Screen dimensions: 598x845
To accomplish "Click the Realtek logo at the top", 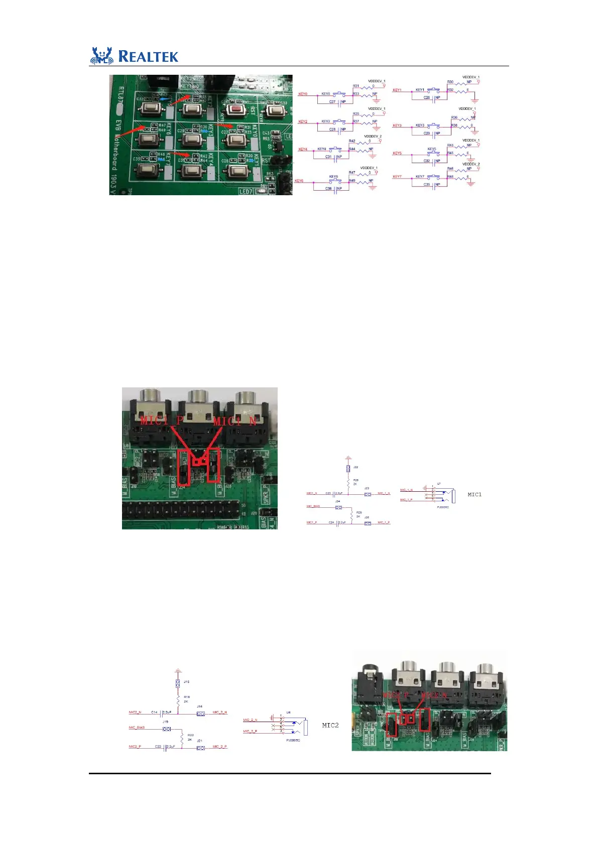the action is (134, 56).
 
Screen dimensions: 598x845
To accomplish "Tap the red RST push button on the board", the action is (235, 109).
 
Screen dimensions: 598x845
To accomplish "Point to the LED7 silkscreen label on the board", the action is (246, 191).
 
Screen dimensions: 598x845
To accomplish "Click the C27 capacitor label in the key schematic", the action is (332, 102).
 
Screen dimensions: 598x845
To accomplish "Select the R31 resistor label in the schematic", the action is (355, 86).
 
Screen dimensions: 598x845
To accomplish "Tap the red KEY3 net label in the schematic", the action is (397, 125).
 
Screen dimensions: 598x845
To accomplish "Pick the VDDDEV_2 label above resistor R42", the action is (373, 136).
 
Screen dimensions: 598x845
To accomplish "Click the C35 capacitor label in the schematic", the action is (426, 185).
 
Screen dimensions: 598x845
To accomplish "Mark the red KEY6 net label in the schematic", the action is (299, 181).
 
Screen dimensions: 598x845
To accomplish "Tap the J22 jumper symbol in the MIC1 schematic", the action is (348, 469).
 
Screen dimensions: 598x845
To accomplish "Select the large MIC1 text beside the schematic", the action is (474, 494).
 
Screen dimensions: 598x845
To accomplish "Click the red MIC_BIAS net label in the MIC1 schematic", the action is (313, 506).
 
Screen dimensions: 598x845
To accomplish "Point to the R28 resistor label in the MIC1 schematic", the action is (355, 480).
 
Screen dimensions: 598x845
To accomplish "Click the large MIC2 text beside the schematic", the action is (330, 725).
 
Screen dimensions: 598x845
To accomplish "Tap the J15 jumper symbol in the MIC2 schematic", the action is (178, 683).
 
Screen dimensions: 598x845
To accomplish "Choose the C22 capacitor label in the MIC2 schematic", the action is (158, 747).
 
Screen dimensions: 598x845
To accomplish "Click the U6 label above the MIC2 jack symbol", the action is (288, 712).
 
